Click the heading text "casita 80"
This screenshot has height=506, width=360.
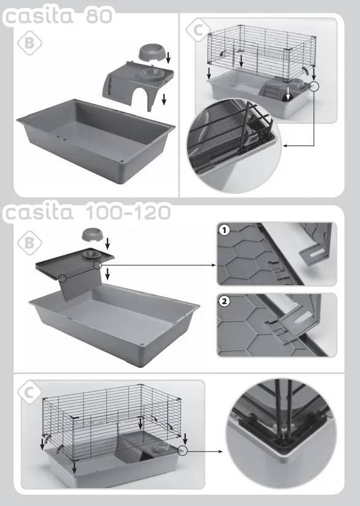click(59, 16)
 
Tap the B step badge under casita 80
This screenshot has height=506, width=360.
click(29, 43)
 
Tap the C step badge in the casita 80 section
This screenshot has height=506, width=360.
click(198, 30)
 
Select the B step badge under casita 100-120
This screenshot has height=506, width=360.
click(29, 243)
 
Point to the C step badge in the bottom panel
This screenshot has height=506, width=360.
click(29, 393)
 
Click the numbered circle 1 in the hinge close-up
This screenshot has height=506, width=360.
click(224, 231)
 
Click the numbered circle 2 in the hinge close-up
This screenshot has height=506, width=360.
click(224, 301)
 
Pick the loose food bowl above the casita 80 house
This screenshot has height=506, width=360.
click(151, 53)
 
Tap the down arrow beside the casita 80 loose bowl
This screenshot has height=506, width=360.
click(168, 58)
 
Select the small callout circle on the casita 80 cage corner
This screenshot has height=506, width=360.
click(313, 86)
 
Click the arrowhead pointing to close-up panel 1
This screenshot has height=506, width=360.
click(214, 265)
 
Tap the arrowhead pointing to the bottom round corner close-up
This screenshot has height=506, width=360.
click(220, 451)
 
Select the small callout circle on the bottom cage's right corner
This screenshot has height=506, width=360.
click(182, 451)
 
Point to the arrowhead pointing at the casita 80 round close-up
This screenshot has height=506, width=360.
click(285, 146)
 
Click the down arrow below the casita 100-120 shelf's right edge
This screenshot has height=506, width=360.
click(107, 274)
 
